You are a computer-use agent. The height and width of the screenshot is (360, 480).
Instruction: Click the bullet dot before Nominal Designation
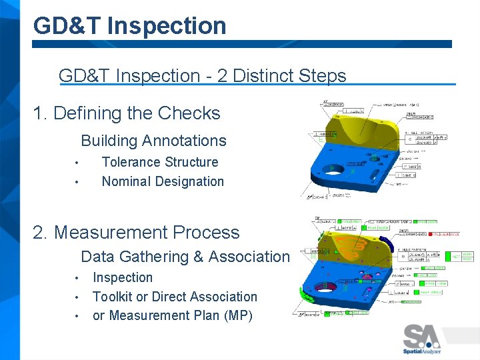click(x=77, y=182)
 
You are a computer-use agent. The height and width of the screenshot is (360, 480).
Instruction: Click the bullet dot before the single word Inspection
click(x=77, y=278)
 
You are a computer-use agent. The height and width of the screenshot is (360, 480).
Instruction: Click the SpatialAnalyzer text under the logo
click(x=421, y=351)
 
